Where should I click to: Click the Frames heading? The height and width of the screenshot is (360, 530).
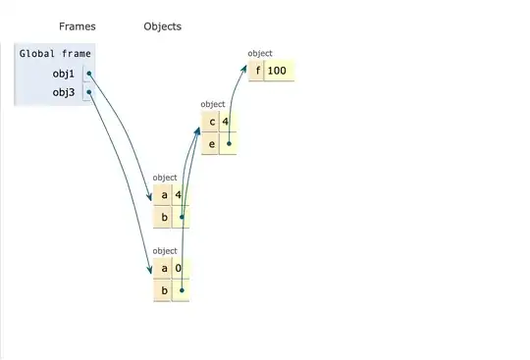click(77, 26)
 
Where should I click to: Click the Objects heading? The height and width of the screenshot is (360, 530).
click(162, 26)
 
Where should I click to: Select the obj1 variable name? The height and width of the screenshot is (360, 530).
click(64, 74)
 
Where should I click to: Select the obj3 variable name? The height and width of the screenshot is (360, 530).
click(64, 93)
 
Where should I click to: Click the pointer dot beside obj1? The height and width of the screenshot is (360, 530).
click(88, 74)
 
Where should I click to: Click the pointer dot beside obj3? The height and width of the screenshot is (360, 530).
click(88, 93)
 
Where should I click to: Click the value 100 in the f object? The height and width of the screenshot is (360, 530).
click(280, 71)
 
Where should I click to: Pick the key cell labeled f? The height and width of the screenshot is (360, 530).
click(258, 71)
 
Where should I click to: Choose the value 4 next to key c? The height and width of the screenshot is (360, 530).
click(226, 122)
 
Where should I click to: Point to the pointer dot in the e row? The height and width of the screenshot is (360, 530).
click(229, 143)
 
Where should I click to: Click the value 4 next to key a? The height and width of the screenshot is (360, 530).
click(178, 194)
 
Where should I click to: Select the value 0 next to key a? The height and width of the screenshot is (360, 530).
click(178, 269)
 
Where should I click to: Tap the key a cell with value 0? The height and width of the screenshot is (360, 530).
click(163, 269)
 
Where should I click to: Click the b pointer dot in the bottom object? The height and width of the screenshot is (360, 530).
click(182, 290)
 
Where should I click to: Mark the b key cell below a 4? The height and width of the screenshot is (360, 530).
click(163, 216)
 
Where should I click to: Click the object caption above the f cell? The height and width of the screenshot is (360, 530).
click(260, 53)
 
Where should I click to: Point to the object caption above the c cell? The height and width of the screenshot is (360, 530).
click(213, 104)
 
